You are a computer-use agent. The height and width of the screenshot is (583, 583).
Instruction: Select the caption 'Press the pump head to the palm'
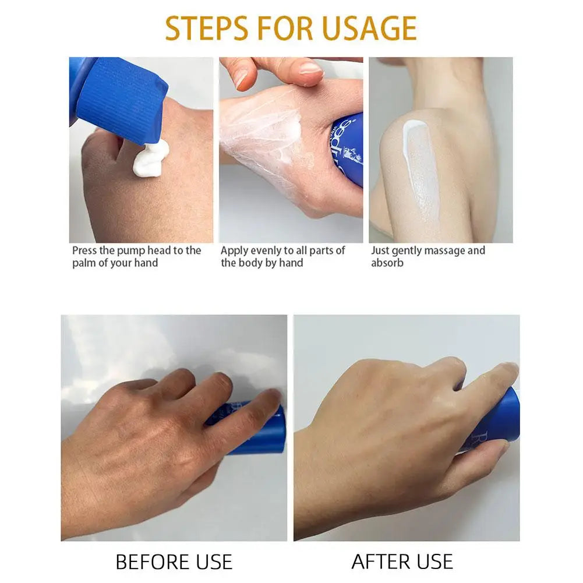[136, 256]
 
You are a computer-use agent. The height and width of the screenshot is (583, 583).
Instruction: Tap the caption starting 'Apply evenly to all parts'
[282, 256]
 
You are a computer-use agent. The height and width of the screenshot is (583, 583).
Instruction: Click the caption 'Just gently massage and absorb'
[428, 256]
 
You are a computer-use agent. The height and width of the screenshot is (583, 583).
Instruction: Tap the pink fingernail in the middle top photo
[309, 69]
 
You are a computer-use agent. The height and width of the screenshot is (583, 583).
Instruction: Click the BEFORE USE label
[174, 561]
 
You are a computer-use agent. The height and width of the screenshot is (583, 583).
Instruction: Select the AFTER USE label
[402, 561]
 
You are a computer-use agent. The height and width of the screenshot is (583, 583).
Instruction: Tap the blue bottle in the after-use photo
[501, 419]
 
